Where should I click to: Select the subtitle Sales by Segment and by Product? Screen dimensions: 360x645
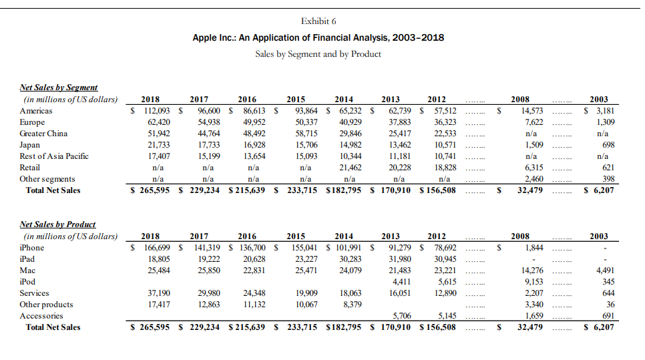(x=318, y=54)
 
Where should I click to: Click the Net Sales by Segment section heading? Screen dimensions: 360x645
(x=59, y=87)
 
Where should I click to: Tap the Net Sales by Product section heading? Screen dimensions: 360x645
(x=57, y=224)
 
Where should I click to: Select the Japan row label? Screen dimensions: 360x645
(x=31, y=145)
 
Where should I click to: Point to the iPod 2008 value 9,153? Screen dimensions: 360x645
(x=532, y=282)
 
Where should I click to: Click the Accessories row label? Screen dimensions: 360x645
(x=41, y=316)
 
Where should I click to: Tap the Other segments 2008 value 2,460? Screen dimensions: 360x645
(x=532, y=179)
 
